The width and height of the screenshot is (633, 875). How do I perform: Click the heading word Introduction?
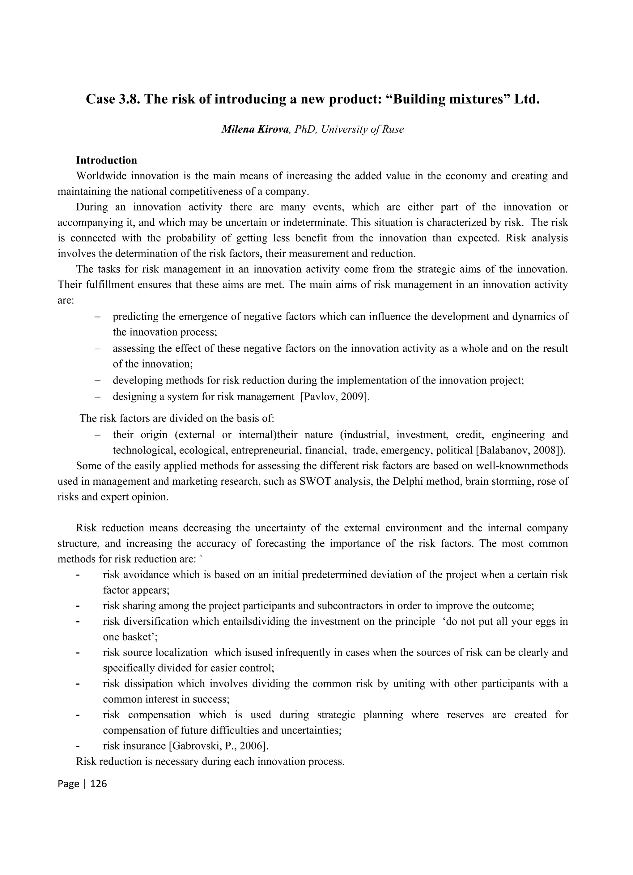(106, 160)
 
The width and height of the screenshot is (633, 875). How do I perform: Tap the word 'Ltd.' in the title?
(527, 99)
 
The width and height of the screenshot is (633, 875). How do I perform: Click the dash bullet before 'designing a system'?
(98, 397)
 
